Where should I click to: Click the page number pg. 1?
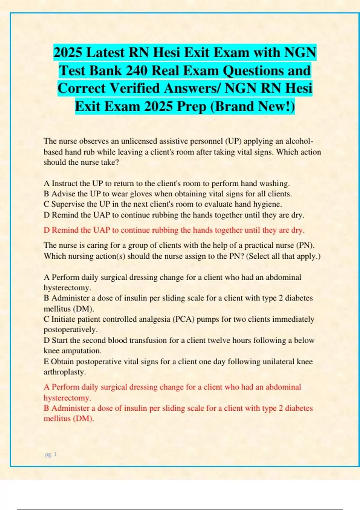(x=51, y=454)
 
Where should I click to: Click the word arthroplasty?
(x=65, y=372)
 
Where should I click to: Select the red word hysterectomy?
(x=67, y=398)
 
